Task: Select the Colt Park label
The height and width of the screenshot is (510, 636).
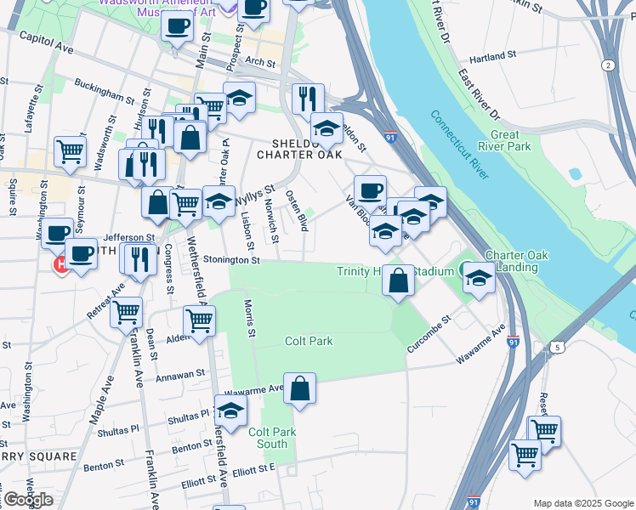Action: click(308, 341)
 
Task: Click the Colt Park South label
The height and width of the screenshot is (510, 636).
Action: click(272, 438)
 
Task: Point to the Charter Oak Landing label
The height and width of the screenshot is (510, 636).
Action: click(512, 261)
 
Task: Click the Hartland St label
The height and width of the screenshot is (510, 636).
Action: click(493, 57)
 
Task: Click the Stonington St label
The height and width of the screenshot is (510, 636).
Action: click(230, 260)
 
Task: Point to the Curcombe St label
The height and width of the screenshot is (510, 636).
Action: click(430, 331)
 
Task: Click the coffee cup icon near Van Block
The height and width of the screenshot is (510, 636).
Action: click(370, 190)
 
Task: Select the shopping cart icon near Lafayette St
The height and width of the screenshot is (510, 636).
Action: click(70, 152)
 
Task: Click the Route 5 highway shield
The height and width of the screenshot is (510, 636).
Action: click(556, 347)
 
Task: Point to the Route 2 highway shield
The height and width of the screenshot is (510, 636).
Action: click(607, 65)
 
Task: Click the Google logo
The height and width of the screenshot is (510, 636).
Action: click(28, 499)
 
